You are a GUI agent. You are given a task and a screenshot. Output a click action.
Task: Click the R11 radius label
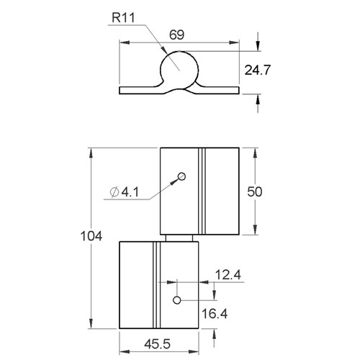[x=123, y=18]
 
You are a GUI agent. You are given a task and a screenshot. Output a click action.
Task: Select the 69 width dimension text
[x=177, y=35]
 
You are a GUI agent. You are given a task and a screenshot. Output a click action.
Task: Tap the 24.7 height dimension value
[x=258, y=70]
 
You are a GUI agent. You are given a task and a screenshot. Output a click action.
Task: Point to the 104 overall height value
[x=91, y=236]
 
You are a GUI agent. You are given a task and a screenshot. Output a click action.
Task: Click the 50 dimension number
[x=255, y=192]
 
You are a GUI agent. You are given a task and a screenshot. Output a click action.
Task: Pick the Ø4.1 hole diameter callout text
[x=124, y=192]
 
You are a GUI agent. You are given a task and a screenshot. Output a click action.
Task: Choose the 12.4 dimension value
[x=228, y=275]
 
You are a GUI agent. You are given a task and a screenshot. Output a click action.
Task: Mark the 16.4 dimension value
[x=215, y=314]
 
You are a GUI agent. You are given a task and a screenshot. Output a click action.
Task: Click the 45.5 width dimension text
[x=158, y=344]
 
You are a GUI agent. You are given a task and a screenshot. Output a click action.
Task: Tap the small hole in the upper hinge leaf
[x=181, y=176]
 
